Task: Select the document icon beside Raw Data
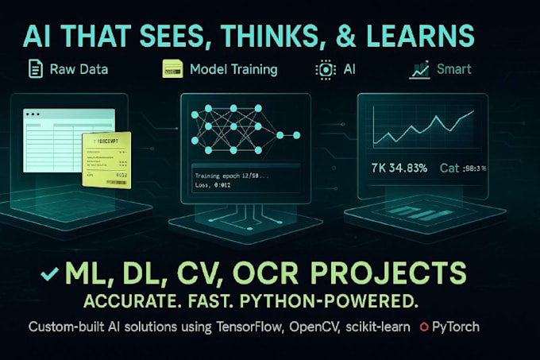(x=35, y=70)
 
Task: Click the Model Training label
(x=233, y=70)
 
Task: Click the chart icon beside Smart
(x=419, y=70)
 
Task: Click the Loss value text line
(x=217, y=184)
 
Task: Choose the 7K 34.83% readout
(x=400, y=168)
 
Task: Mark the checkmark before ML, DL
(x=49, y=273)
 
